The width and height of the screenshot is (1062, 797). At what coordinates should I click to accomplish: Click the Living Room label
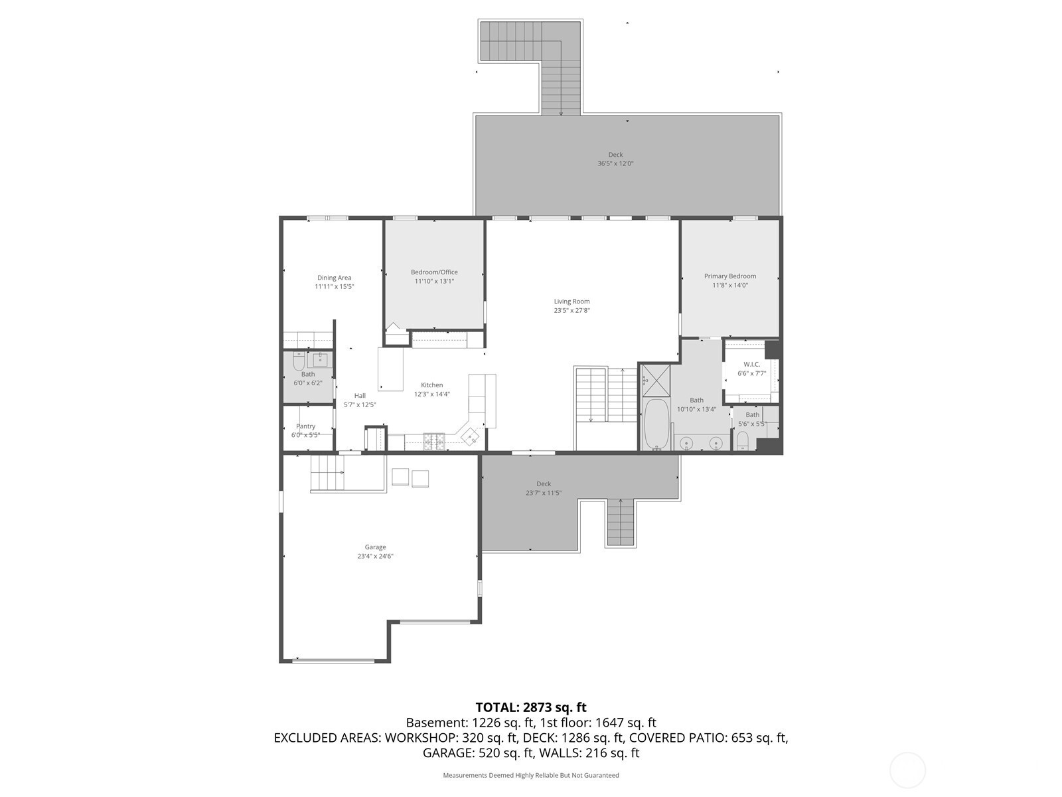(571, 302)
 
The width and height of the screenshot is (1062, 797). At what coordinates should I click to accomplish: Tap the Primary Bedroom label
(729, 276)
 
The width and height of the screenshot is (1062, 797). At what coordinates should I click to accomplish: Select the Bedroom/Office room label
(434, 272)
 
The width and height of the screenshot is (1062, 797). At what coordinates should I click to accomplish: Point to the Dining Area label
(334, 278)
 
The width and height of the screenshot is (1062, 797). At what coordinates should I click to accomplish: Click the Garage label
(375, 547)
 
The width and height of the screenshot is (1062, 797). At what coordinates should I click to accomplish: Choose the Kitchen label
(431, 385)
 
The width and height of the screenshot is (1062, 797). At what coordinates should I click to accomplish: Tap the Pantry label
(305, 426)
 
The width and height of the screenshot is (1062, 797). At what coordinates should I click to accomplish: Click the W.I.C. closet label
(751, 365)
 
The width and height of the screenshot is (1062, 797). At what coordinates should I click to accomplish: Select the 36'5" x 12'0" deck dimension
(615, 163)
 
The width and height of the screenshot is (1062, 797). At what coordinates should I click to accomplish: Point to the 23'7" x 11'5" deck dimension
(544, 493)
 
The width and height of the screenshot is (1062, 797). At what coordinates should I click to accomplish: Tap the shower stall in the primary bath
(656, 381)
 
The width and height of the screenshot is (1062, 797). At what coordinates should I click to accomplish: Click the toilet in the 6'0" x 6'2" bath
(299, 361)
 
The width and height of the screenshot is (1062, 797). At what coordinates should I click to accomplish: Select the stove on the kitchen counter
(434, 441)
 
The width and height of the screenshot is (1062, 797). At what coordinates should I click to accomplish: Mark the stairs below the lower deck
(620, 521)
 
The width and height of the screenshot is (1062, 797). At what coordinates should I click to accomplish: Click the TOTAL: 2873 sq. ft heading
(531, 707)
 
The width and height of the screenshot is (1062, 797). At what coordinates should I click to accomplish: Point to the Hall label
(360, 396)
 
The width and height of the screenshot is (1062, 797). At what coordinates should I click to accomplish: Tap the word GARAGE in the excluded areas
(447, 753)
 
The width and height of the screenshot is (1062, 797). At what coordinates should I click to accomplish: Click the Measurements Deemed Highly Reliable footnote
(531, 775)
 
